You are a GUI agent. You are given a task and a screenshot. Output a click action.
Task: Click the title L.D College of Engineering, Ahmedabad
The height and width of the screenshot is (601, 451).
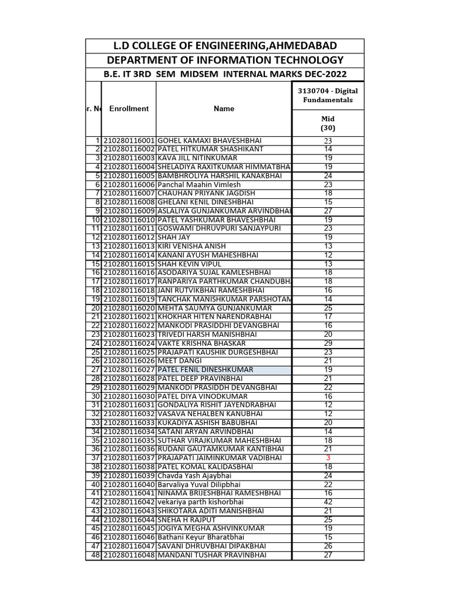click(x=225, y=46)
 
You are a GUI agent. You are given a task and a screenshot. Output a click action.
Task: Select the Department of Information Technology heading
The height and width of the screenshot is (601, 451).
click(x=225, y=60)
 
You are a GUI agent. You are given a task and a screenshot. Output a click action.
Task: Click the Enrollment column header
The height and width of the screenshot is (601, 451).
click(x=129, y=109)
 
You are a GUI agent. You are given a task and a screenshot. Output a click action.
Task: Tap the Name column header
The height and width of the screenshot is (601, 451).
click(x=224, y=109)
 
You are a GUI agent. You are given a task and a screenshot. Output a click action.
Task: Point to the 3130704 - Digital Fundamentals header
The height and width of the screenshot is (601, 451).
click(x=328, y=95)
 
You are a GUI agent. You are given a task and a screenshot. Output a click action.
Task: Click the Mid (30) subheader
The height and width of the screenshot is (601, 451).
click(x=328, y=123)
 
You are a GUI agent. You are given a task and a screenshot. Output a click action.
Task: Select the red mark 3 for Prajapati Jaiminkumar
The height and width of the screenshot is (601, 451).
click(x=328, y=458)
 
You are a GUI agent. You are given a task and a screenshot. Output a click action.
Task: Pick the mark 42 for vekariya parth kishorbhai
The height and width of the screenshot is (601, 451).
click(x=328, y=502)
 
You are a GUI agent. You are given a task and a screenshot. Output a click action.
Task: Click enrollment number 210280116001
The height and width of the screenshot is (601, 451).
click(x=129, y=140)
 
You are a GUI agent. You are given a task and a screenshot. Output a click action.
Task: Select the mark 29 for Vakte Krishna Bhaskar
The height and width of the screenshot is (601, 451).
click(x=328, y=343)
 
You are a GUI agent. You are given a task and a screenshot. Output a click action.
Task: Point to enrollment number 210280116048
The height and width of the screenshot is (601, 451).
click(x=129, y=555)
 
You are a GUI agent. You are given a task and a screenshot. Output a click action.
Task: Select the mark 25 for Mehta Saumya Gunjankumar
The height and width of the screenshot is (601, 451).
click(x=328, y=308)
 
